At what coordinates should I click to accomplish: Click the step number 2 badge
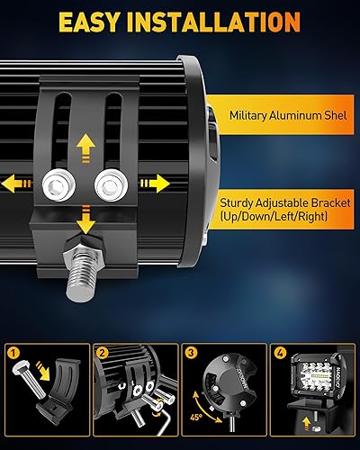tap(102, 353)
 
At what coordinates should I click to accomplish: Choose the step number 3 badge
tap(190, 353)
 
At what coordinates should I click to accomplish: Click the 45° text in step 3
tap(195, 416)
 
